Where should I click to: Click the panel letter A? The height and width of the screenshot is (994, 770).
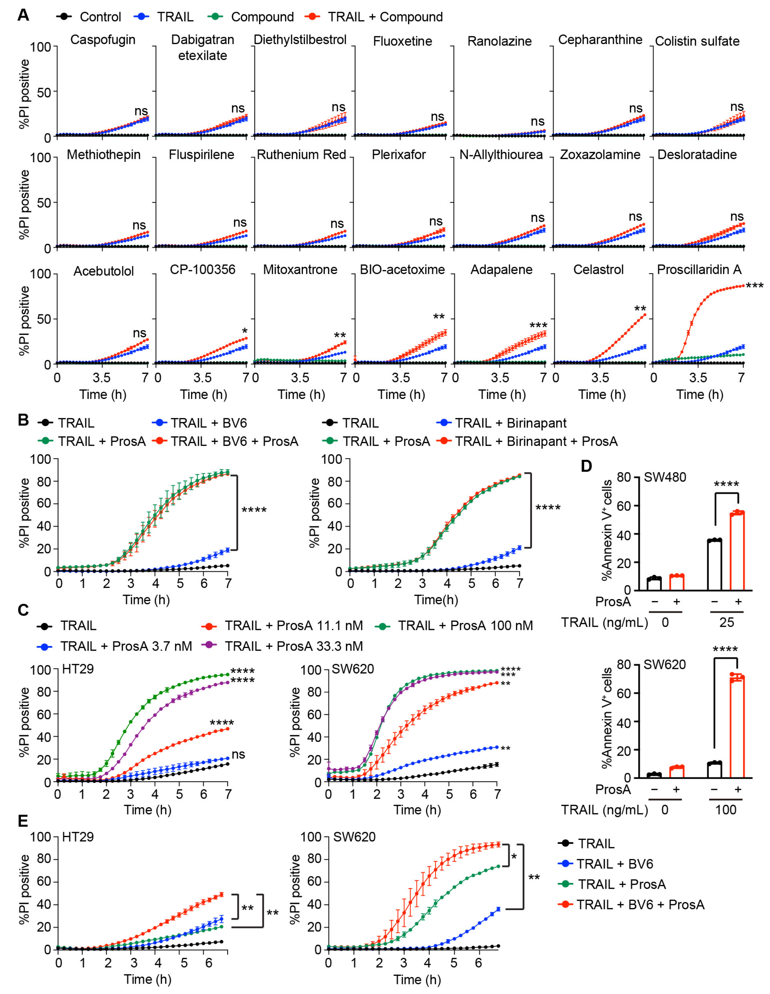(x=23, y=15)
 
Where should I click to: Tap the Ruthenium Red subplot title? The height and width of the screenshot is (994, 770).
(x=301, y=155)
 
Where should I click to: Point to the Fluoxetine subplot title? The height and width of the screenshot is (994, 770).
(x=402, y=41)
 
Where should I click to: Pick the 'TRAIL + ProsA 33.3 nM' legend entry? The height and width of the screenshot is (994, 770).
(x=293, y=646)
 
